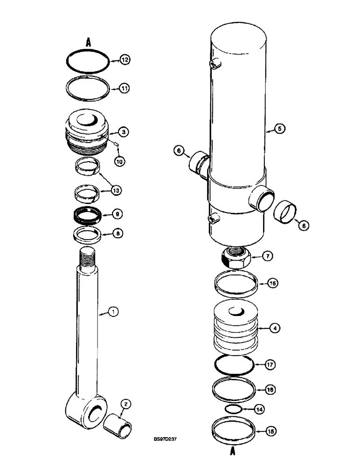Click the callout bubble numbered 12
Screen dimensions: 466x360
click(x=125, y=60)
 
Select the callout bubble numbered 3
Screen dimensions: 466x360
click(x=123, y=133)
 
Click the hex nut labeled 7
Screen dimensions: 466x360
click(x=235, y=257)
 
